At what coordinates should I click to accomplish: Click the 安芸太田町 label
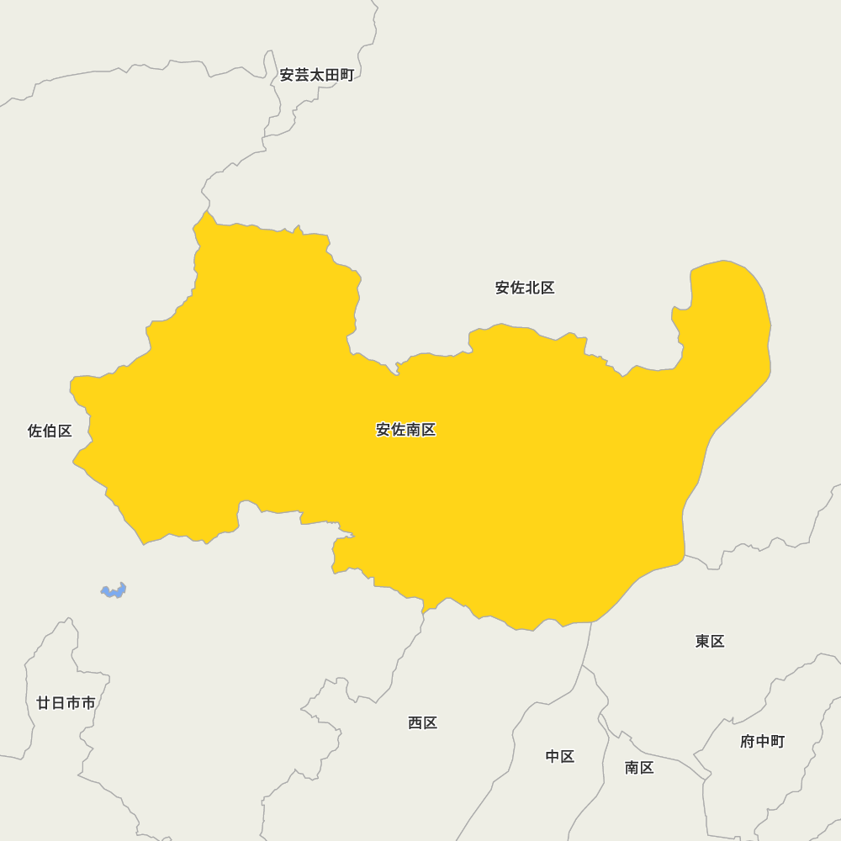(x=317, y=75)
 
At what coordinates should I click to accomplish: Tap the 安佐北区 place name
(x=525, y=288)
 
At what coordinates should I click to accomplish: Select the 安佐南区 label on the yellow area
(x=405, y=430)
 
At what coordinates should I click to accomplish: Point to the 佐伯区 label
(x=50, y=431)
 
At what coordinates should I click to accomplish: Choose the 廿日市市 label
(x=66, y=702)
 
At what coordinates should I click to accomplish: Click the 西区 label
(x=422, y=722)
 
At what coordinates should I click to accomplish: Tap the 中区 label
(x=559, y=756)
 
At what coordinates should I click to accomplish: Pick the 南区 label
(x=639, y=767)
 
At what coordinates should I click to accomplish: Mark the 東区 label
(x=710, y=641)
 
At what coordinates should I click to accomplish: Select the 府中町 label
(x=762, y=741)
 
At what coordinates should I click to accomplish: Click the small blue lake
(x=114, y=591)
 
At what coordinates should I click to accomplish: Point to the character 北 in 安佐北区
(x=532, y=288)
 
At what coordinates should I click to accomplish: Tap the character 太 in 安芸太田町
(x=317, y=75)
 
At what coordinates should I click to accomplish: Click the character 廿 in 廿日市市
(x=44, y=702)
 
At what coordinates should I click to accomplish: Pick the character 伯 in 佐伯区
(x=50, y=431)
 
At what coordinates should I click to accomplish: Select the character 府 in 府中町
(x=748, y=741)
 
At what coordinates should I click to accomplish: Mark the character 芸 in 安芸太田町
(x=303, y=75)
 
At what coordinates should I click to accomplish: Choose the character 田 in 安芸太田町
(x=332, y=75)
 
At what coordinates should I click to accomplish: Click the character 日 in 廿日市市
(x=58, y=702)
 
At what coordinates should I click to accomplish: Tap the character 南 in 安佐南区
(x=413, y=430)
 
